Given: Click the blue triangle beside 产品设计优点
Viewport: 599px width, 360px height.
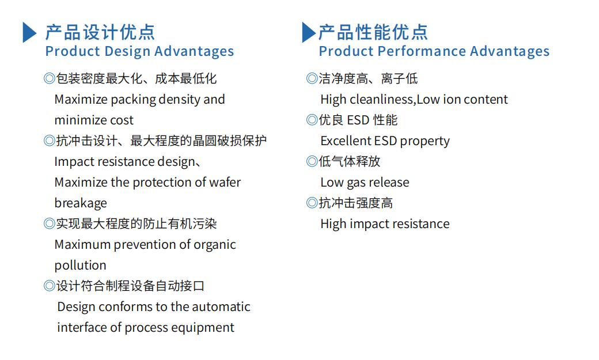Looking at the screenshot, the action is coord(29,32).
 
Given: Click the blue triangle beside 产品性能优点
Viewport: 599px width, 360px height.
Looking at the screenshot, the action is coord(309,32).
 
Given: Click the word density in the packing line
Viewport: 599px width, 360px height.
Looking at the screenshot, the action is coord(179,100).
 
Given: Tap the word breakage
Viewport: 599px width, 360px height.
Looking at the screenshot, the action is coord(81,203).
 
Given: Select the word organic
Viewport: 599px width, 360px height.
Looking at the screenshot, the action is coord(215,245).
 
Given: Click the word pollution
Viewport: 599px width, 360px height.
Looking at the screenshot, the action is coord(80,265).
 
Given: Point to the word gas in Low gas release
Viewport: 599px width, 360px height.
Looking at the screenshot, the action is coord(356,183).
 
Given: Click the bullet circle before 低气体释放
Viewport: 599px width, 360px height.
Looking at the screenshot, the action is coord(312,161).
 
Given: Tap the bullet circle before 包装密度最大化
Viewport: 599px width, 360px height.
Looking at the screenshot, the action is coord(50,78).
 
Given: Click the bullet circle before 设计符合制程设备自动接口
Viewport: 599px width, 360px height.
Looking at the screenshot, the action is coord(50,286).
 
